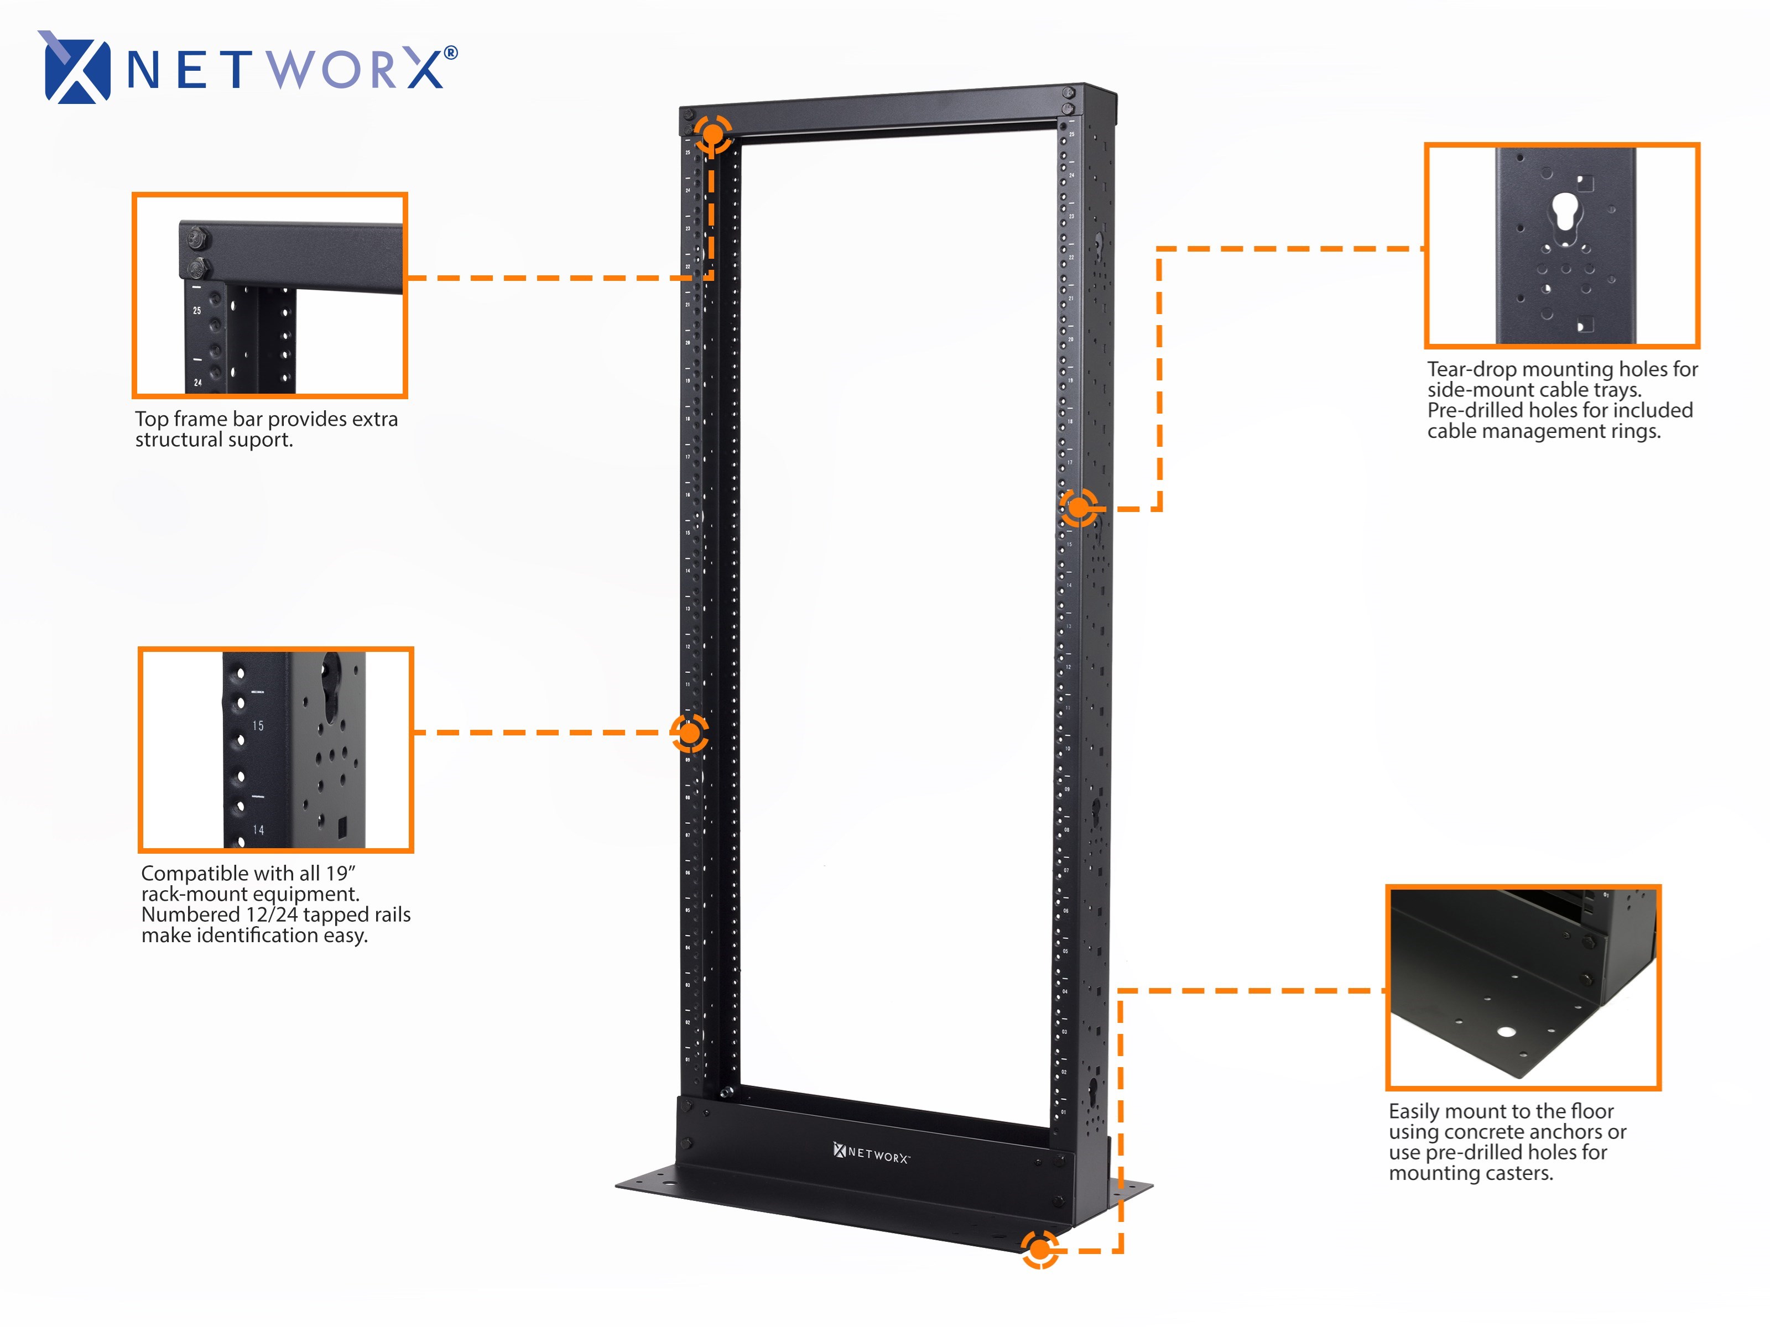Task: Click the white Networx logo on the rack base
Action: coord(871,1153)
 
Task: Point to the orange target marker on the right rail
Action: coord(1079,507)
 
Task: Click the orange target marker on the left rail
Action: coord(689,732)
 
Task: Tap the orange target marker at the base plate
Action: coord(1039,1248)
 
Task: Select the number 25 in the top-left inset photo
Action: coord(197,310)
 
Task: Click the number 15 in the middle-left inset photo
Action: coord(258,725)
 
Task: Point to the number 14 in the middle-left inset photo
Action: coord(258,829)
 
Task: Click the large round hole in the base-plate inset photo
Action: coord(1507,1031)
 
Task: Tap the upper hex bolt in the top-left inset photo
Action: coord(197,238)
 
